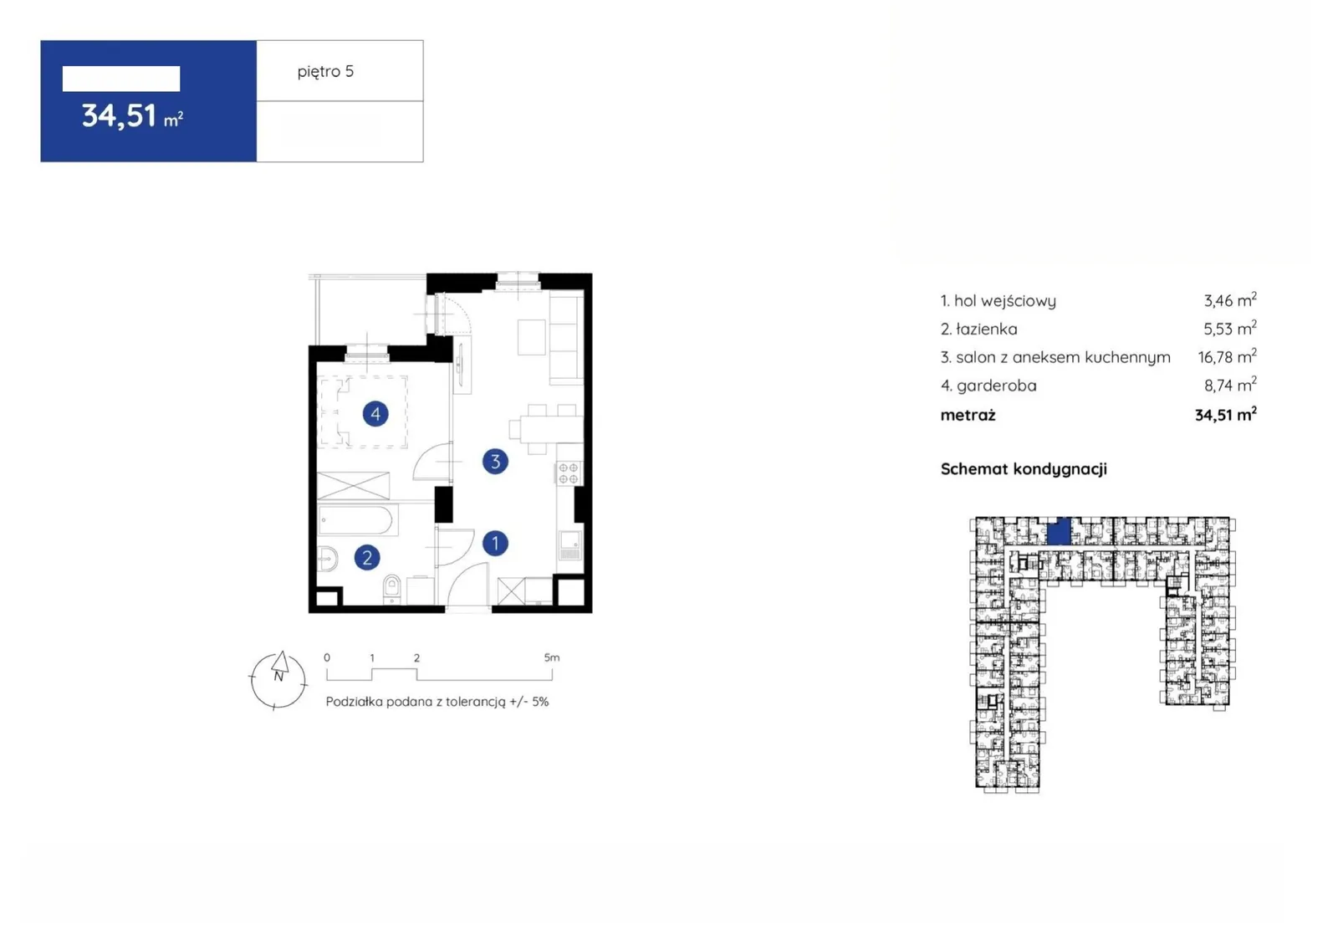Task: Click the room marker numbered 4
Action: [x=375, y=413]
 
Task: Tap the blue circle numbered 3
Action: [x=495, y=462]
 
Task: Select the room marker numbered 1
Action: [x=495, y=543]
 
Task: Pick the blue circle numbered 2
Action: [x=367, y=558]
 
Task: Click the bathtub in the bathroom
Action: [x=356, y=520]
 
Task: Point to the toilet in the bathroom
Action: [x=392, y=588]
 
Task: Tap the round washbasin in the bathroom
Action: [x=327, y=560]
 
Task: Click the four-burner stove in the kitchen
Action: [x=569, y=473]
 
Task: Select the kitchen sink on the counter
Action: [x=569, y=545]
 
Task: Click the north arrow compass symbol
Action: [x=278, y=680]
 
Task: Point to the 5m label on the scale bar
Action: [x=552, y=657]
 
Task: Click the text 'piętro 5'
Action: [x=325, y=72]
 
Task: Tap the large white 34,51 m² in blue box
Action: [x=132, y=116]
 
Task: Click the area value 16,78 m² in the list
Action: [x=1227, y=357]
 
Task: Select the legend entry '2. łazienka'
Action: [x=979, y=329]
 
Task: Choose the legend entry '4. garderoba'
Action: [x=988, y=386]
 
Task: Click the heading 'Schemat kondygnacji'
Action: [x=1024, y=469]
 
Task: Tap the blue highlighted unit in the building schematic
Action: [x=1059, y=531]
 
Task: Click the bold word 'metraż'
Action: [x=968, y=416]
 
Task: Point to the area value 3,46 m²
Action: [x=1230, y=300]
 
